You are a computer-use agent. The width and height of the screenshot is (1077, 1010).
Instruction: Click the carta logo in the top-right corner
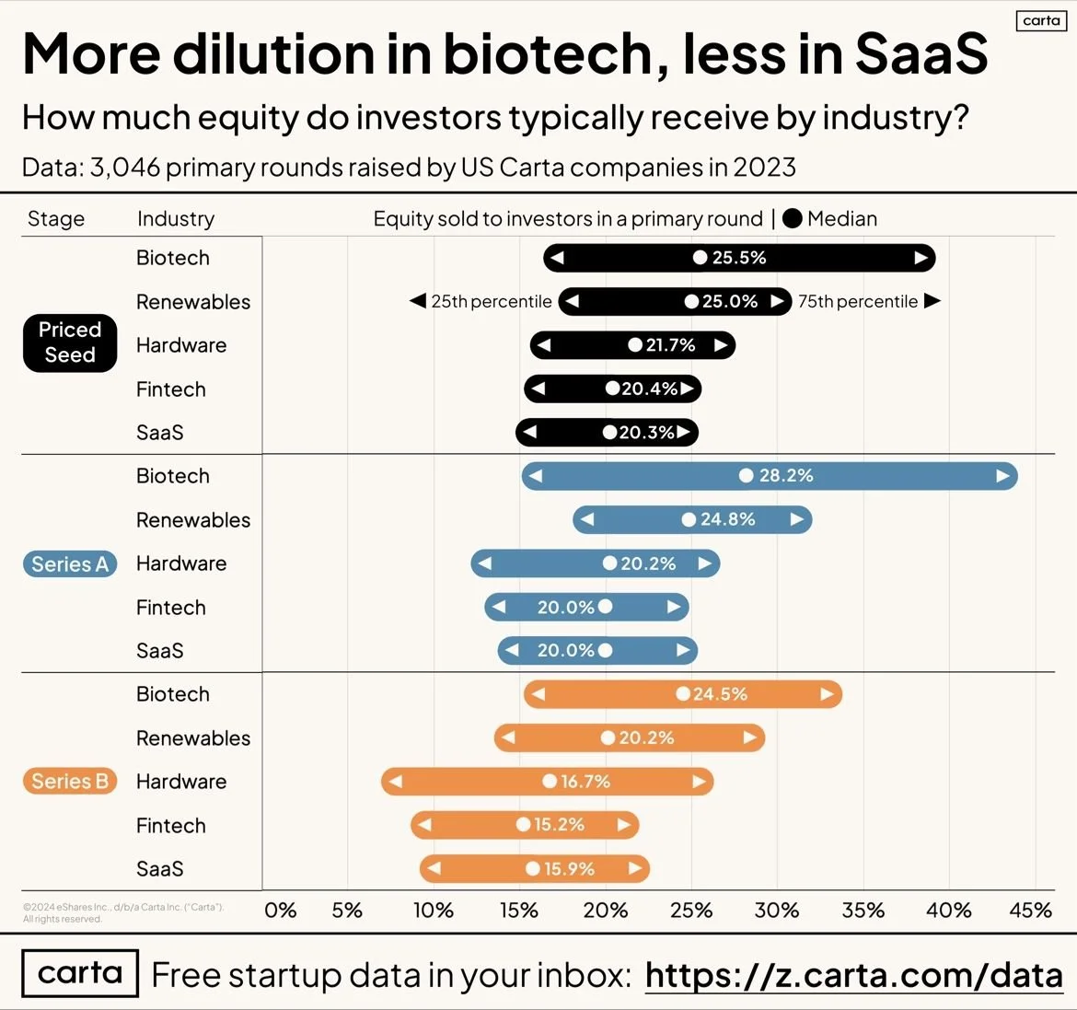(x=1041, y=20)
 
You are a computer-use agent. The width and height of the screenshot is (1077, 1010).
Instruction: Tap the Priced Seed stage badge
(x=70, y=342)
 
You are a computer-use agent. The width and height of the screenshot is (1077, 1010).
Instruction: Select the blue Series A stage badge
(x=70, y=564)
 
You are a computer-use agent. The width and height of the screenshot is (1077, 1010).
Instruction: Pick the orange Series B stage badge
(x=70, y=782)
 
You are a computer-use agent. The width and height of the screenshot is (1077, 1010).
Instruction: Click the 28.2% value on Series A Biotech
(x=786, y=476)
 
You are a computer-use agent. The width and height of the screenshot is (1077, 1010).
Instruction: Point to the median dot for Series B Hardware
(x=550, y=782)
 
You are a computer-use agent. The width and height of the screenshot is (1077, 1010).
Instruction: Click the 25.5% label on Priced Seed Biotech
(x=739, y=258)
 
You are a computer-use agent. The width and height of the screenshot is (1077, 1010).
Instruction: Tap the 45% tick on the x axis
(x=1030, y=911)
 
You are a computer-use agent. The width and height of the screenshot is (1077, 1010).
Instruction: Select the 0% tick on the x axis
(x=280, y=911)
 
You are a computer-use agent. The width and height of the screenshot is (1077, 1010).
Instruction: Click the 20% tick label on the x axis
(x=605, y=911)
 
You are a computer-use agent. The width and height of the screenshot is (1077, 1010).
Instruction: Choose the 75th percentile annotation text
(x=857, y=302)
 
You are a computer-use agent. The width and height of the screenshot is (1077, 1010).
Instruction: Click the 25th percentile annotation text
(x=492, y=302)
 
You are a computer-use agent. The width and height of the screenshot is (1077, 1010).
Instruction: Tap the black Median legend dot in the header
(x=792, y=219)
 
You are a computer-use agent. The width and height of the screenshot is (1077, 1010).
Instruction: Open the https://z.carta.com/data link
(x=853, y=975)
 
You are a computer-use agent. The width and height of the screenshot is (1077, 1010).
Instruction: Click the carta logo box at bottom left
(x=80, y=973)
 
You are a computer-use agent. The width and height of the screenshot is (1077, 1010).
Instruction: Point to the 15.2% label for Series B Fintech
(x=559, y=825)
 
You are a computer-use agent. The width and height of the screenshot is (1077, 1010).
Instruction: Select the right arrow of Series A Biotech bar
(x=1002, y=476)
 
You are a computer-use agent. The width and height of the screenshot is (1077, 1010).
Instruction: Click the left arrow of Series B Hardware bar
(x=396, y=782)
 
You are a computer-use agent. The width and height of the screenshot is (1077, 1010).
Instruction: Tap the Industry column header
(x=176, y=219)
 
